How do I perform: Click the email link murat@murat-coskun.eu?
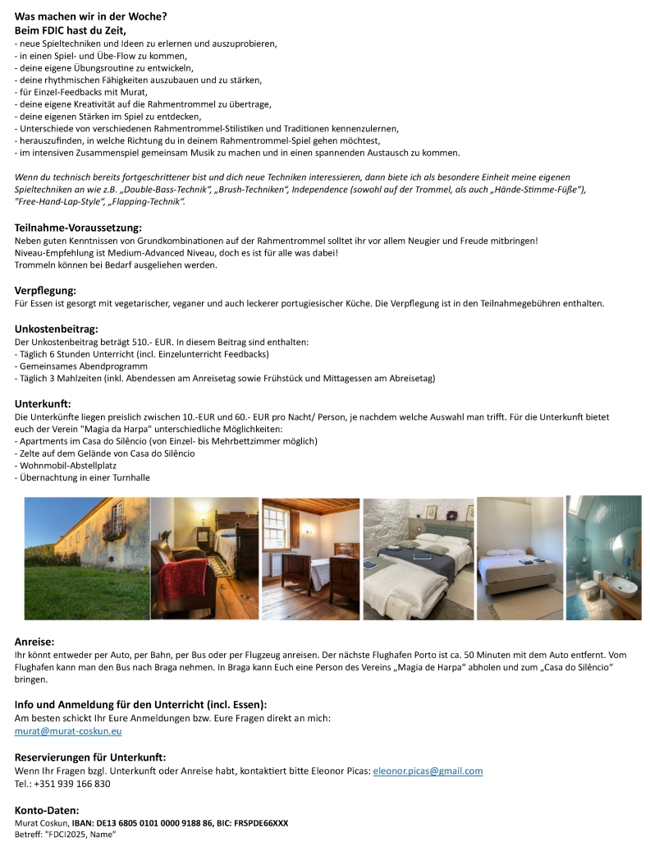[x=68, y=731]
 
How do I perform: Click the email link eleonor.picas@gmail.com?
[x=428, y=771]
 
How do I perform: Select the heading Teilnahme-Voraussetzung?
[x=78, y=228]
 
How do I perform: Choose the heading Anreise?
[x=34, y=641]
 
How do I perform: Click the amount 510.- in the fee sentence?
[x=144, y=342]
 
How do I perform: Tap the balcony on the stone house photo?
[x=113, y=527]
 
